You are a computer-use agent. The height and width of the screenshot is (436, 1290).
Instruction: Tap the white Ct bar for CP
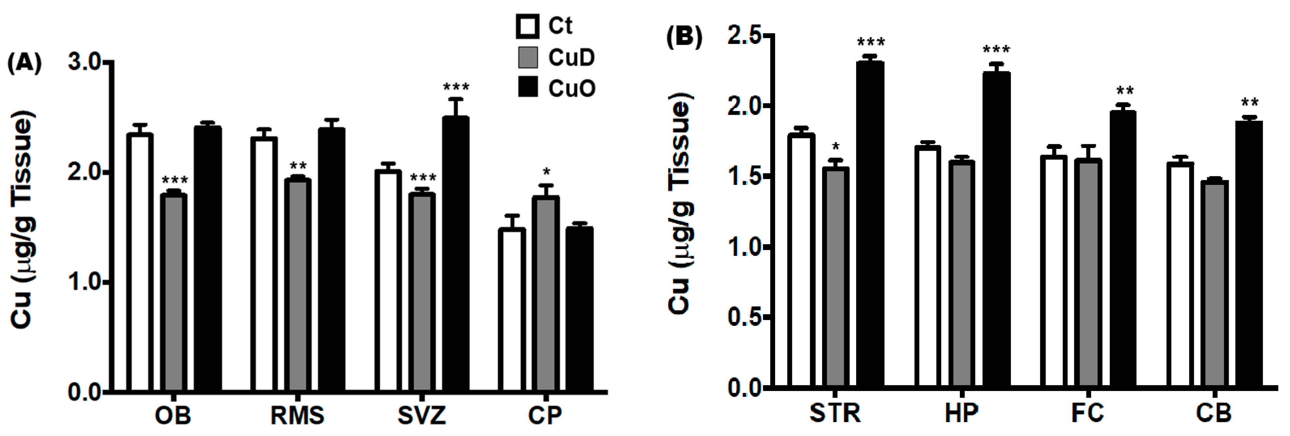(x=512, y=310)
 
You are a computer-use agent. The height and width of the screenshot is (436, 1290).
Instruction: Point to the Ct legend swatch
(x=527, y=27)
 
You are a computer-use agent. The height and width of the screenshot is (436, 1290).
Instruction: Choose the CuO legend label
(x=571, y=89)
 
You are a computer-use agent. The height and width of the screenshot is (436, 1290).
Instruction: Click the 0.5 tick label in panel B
(x=744, y=317)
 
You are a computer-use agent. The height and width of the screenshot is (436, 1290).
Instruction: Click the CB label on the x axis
(x=1214, y=413)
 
